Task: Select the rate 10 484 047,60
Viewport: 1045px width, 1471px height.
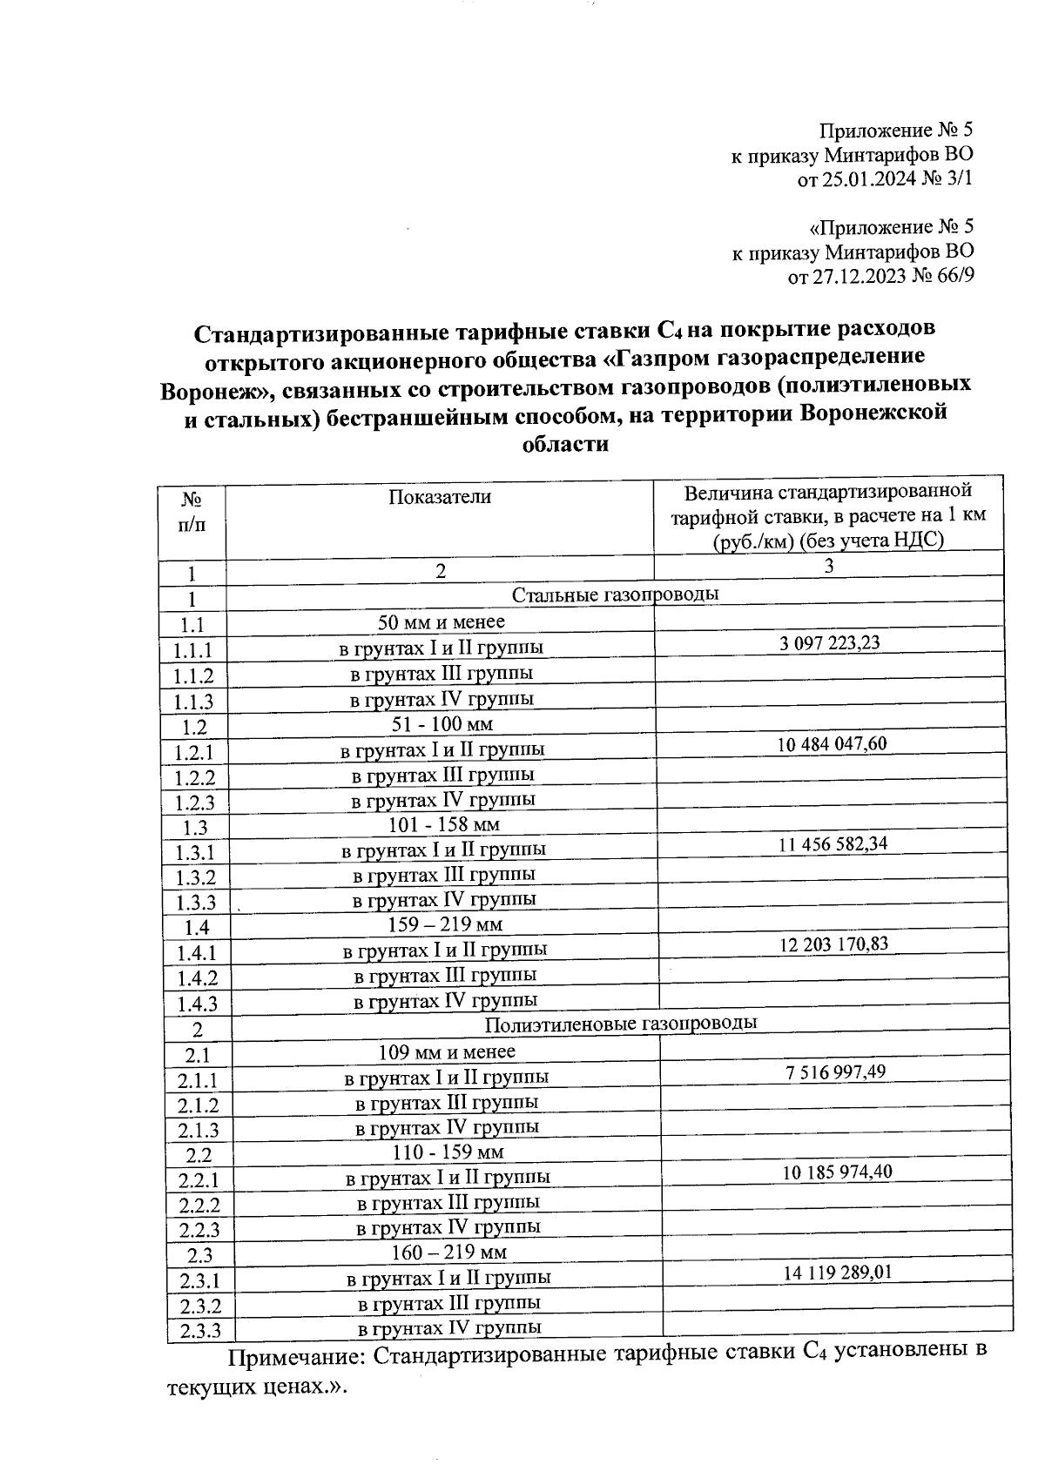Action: (x=832, y=743)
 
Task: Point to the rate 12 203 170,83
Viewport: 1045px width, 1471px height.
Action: (x=833, y=944)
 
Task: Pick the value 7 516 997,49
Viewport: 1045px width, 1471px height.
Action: (x=835, y=1071)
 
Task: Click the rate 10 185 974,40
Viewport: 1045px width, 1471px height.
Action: (x=837, y=1172)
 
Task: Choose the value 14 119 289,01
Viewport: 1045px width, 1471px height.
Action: (x=837, y=1273)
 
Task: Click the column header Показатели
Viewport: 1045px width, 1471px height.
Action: (x=440, y=497)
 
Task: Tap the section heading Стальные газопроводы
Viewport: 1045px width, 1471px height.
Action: (x=615, y=595)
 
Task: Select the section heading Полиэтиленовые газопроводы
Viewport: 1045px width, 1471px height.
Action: (x=620, y=1024)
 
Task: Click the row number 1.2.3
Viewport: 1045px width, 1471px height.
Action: (x=195, y=803)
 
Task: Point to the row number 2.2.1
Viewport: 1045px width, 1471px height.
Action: (x=199, y=1181)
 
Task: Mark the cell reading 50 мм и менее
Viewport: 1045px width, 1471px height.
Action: (x=441, y=622)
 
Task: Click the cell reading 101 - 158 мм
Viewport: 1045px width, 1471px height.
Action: (x=443, y=824)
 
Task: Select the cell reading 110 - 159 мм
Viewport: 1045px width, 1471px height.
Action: (x=447, y=1152)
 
